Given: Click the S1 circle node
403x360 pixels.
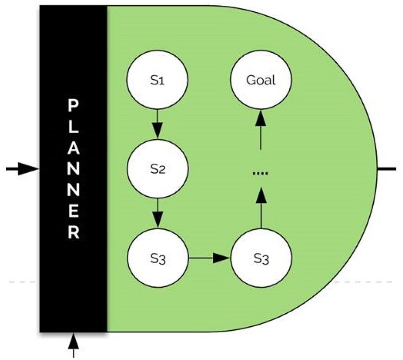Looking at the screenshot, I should pos(158,80).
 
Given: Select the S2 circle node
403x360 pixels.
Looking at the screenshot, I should pos(158,169).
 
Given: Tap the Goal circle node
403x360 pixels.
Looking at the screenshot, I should pos(260,80).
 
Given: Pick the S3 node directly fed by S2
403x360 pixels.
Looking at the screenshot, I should pos(158,258).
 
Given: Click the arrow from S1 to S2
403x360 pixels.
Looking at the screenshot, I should pos(158,124).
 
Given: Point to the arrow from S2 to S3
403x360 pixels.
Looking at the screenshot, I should pos(158,213).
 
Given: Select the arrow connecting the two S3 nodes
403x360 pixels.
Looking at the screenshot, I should pos(209,258).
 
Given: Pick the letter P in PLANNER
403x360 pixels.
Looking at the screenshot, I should pos(74,107).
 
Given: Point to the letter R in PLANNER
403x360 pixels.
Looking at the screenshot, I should pos(74,234).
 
